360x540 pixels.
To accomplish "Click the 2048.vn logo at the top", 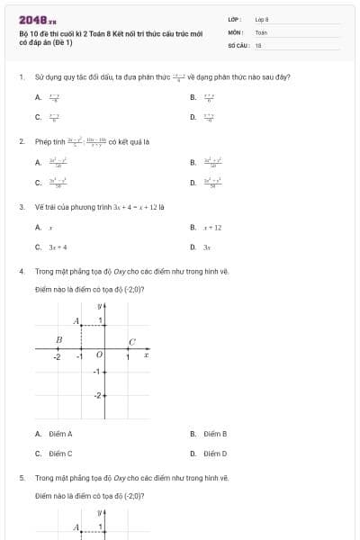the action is pos(37,20).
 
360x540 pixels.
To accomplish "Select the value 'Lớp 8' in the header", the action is pos(262,19).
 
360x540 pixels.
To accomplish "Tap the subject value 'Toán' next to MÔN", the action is pos(261,31).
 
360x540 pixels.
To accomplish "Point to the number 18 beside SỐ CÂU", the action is pos(258,44).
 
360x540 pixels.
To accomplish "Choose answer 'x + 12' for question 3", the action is pos(212,229).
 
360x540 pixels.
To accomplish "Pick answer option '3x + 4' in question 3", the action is pos(58,247).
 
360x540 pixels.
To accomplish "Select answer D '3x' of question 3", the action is pos(206,247).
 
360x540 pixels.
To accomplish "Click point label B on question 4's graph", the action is pos(59,339).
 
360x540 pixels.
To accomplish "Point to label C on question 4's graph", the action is pos(131,341).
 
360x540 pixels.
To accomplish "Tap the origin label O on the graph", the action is pos(99,355).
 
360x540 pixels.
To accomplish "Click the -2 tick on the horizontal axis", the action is pos(56,356).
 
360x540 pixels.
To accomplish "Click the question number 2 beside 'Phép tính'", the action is pos(21,141).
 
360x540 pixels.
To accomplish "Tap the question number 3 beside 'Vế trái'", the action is pos(21,206).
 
